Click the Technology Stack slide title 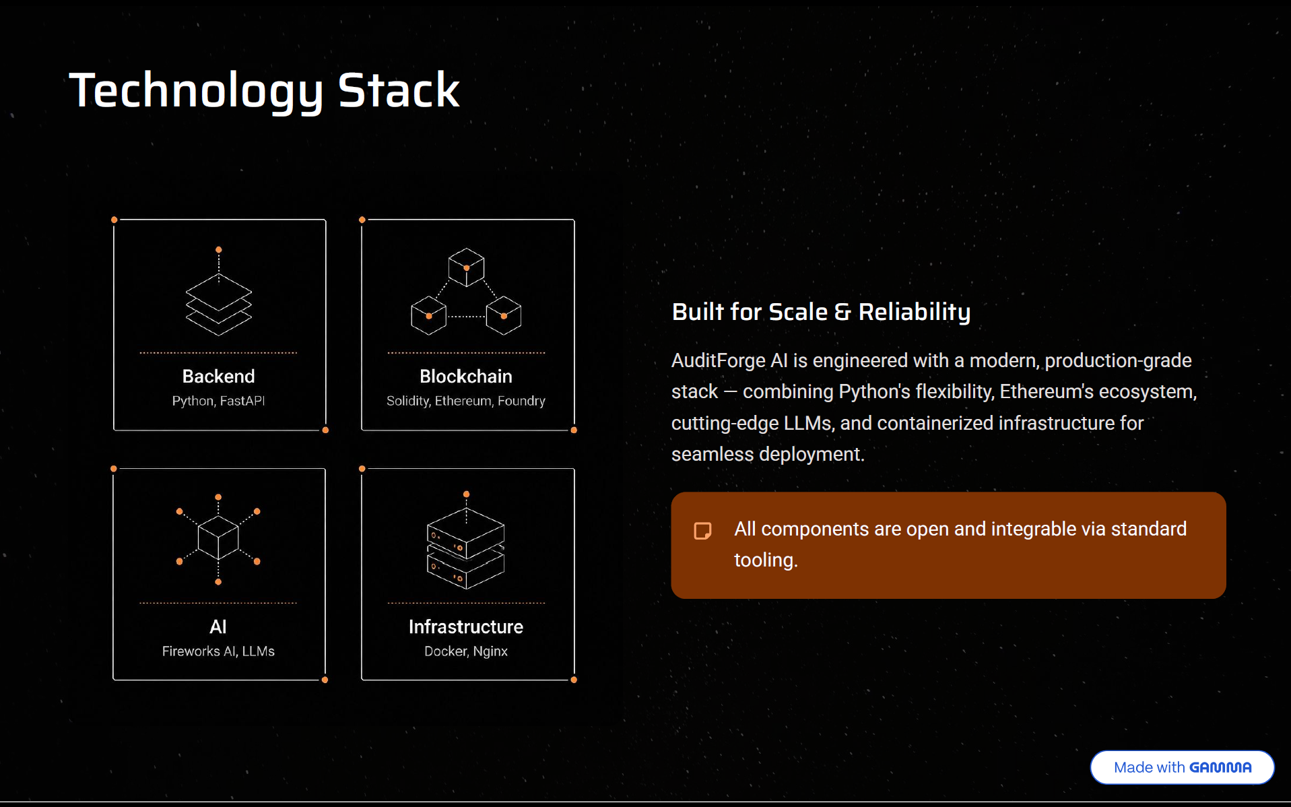coord(264,91)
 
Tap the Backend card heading coord(218,376)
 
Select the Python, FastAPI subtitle coord(218,401)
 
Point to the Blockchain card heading coord(466,376)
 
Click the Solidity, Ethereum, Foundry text coord(466,401)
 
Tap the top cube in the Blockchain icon coord(466,267)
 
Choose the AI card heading coord(218,626)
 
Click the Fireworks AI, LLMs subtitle coord(218,651)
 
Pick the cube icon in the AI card coord(218,538)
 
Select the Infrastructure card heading coord(466,626)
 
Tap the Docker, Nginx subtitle coord(466,651)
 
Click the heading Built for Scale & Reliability coord(821,312)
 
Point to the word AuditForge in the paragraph coord(718,361)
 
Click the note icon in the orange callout coord(702,531)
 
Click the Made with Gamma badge coord(1182,767)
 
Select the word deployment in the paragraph coord(812,455)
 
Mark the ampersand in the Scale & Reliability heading coord(842,312)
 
